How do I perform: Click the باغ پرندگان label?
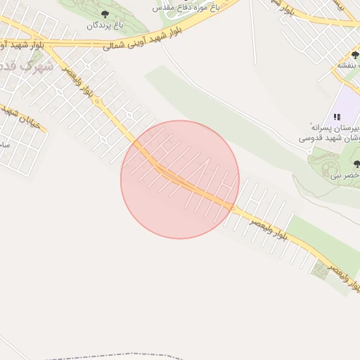(x=105, y=25)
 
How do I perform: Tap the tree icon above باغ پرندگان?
(x=105, y=13)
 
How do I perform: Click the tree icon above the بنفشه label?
(x=355, y=55)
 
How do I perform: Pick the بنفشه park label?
(x=347, y=65)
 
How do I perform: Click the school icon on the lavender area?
(x=337, y=116)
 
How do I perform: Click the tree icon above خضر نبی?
(x=356, y=164)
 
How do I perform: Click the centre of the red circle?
(x=180, y=179)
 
